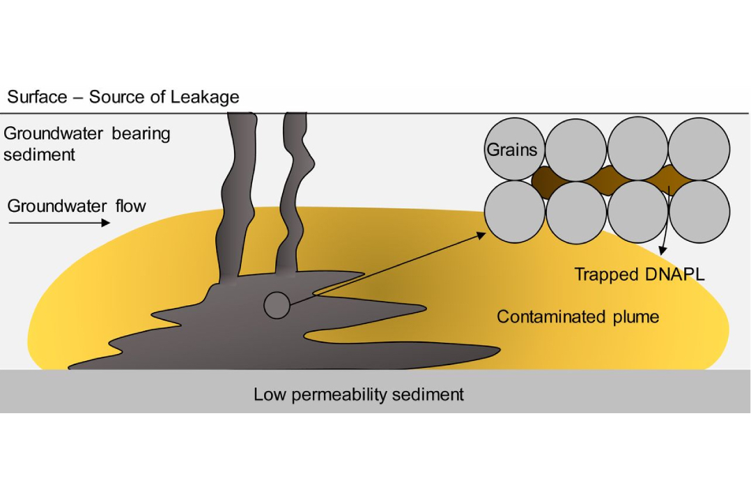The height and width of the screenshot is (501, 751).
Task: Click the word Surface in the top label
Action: (37, 97)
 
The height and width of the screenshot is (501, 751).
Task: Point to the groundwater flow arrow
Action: (59, 223)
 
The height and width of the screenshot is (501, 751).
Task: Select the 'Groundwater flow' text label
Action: (77, 206)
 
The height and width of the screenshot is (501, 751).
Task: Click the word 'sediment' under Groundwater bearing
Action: (39, 155)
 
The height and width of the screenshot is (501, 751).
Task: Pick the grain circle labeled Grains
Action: (514, 149)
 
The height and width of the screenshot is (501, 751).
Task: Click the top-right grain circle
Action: (699, 149)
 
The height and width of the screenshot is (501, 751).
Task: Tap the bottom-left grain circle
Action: (514, 212)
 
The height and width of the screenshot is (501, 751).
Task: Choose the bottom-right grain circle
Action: (699, 212)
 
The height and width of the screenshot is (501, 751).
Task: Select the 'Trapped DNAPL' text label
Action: (640, 275)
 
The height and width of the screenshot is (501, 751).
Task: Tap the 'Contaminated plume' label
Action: (578, 316)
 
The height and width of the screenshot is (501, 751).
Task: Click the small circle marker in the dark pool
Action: (277, 305)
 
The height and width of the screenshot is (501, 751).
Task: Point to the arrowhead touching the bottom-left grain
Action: (481, 236)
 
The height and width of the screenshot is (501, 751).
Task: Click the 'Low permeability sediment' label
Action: (358, 394)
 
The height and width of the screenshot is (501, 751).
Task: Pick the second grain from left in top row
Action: (576, 149)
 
